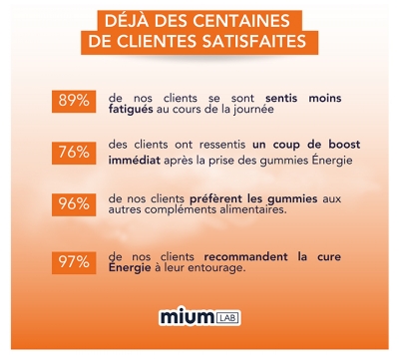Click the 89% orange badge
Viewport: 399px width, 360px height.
pyautogui.click(x=74, y=102)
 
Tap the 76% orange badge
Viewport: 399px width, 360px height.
pyautogui.click(x=74, y=156)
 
